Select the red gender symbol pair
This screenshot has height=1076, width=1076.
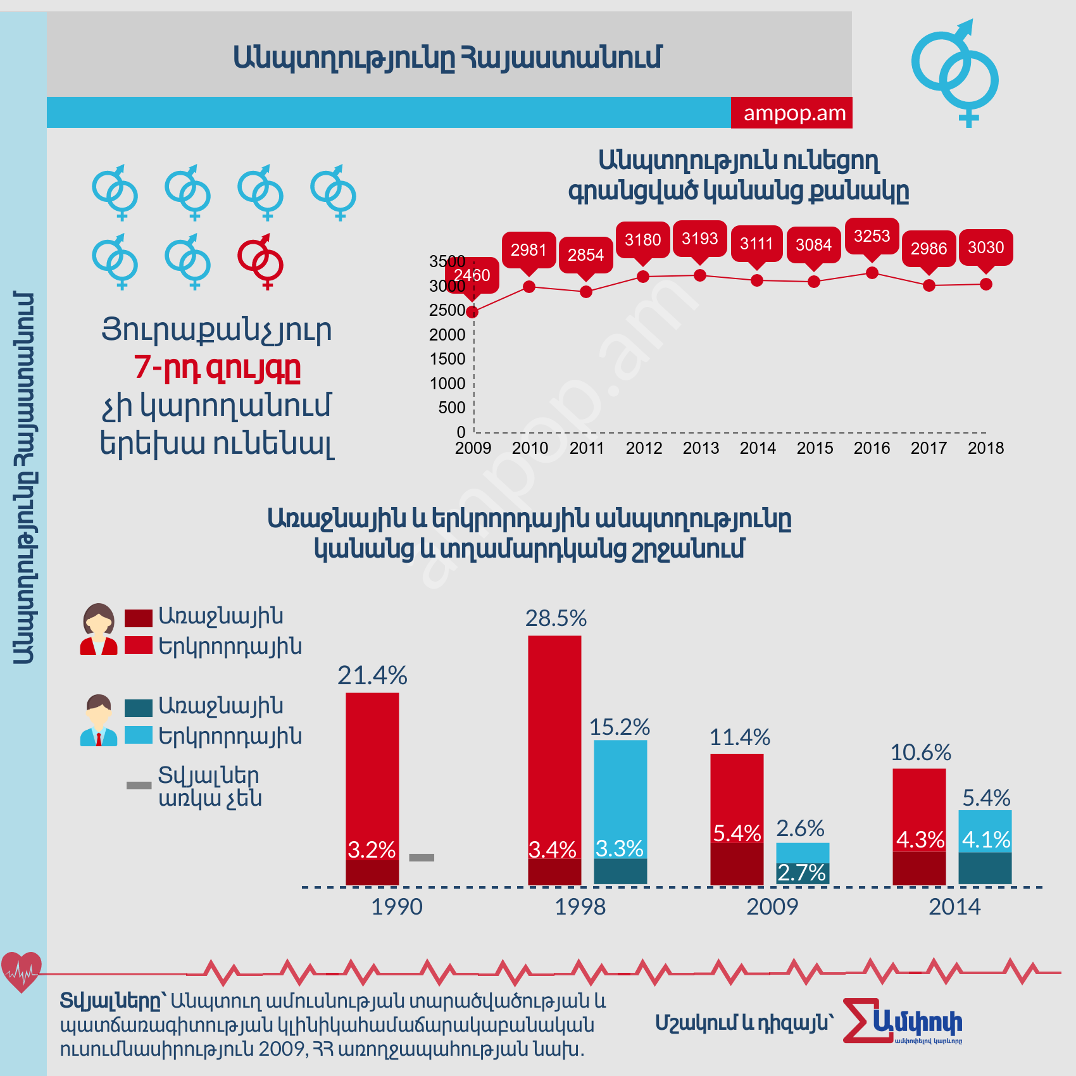click(x=261, y=261)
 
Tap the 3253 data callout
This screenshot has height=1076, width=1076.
click(x=872, y=236)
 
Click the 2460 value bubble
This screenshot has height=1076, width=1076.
click(x=472, y=275)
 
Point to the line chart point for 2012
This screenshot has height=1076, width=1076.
click(x=643, y=277)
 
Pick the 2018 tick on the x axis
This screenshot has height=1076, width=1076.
click(x=985, y=448)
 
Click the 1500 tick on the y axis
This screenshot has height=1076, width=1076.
click(x=447, y=359)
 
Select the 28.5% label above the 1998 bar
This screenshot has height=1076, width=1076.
click(x=556, y=618)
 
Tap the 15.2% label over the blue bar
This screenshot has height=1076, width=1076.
click(x=620, y=727)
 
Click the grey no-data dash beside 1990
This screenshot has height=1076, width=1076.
click(x=422, y=858)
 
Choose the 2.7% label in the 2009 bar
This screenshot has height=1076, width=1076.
click(x=801, y=873)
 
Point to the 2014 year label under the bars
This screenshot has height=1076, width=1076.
click(x=954, y=907)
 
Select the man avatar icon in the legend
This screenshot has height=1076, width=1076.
click(x=99, y=720)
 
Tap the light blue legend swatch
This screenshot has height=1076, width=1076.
click(x=139, y=735)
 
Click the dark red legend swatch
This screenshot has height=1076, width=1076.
click(x=139, y=618)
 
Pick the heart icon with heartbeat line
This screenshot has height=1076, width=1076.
click(x=22, y=972)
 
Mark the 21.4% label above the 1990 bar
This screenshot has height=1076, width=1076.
click(x=372, y=676)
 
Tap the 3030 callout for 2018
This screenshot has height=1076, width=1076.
click(x=985, y=247)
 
